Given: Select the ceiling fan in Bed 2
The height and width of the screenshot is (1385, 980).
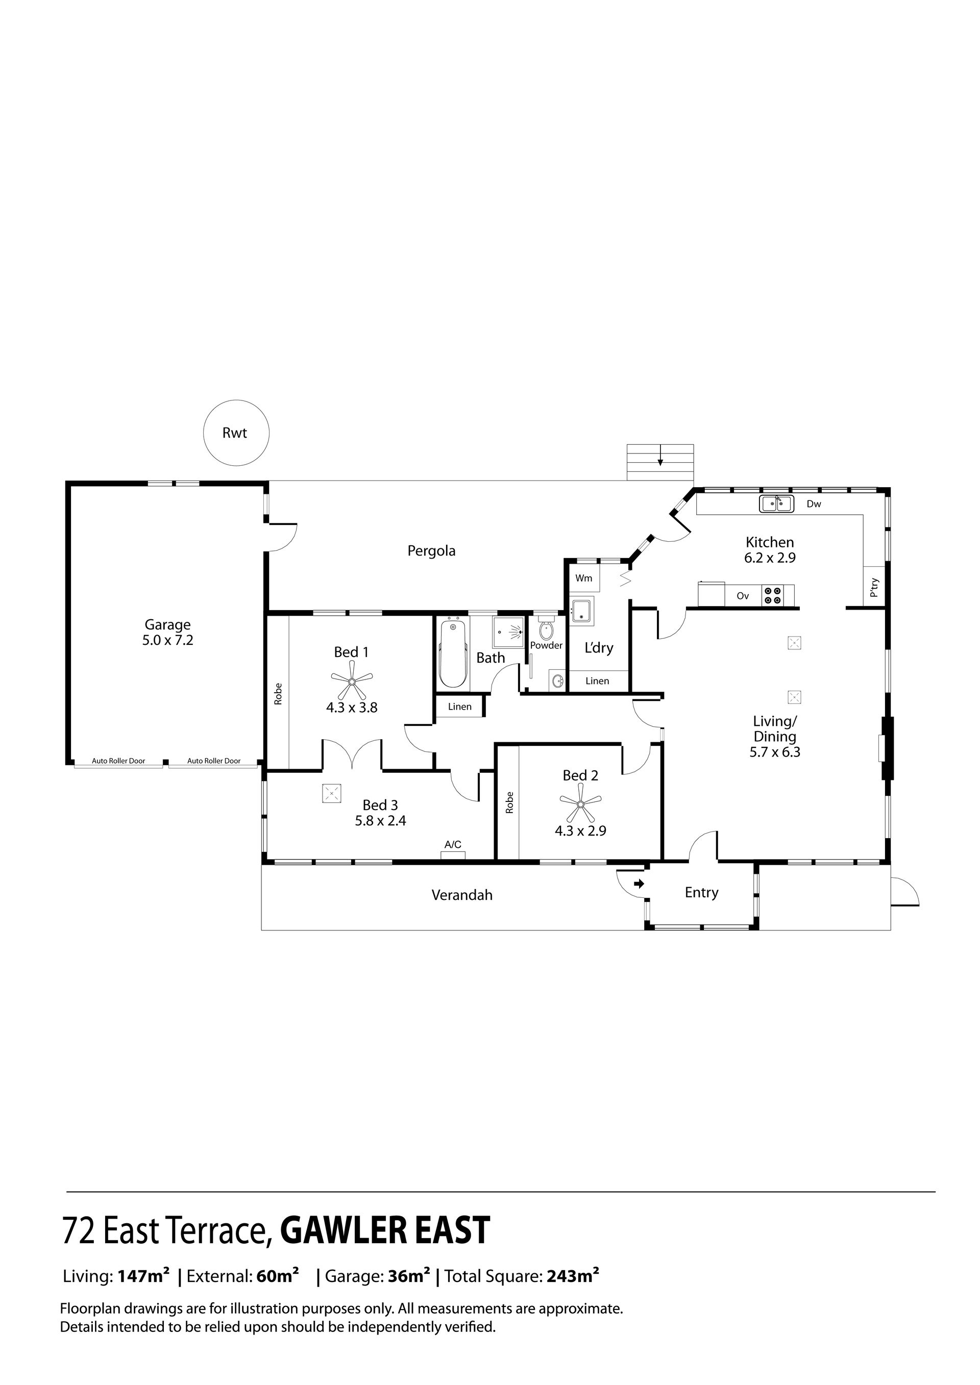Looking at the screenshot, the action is tap(580, 803).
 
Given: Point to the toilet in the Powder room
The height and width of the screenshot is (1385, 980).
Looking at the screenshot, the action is tap(546, 629).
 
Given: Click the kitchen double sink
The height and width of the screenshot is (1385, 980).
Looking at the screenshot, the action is tap(776, 503).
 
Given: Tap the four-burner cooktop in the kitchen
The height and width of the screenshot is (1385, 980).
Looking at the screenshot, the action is tap(772, 595).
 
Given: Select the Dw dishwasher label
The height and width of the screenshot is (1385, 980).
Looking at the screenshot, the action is tap(814, 503).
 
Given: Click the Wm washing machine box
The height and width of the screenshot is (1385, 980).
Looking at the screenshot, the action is tap(584, 578).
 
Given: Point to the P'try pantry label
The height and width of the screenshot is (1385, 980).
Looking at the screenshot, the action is tap(874, 588).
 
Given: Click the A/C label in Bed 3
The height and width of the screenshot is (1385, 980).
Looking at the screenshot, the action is tap(453, 844).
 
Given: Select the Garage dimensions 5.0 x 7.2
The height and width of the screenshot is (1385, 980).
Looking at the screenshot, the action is tap(168, 640).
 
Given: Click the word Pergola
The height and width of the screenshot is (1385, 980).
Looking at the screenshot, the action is tap(431, 551).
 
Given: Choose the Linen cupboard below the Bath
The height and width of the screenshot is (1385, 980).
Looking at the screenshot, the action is tap(460, 707).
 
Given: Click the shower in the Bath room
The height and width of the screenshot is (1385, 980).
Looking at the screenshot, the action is tap(507, 632).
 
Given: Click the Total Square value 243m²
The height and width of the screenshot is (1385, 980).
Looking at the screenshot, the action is tap(573, 1276).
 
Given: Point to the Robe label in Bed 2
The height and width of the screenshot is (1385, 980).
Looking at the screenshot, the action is tap(510, 802).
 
